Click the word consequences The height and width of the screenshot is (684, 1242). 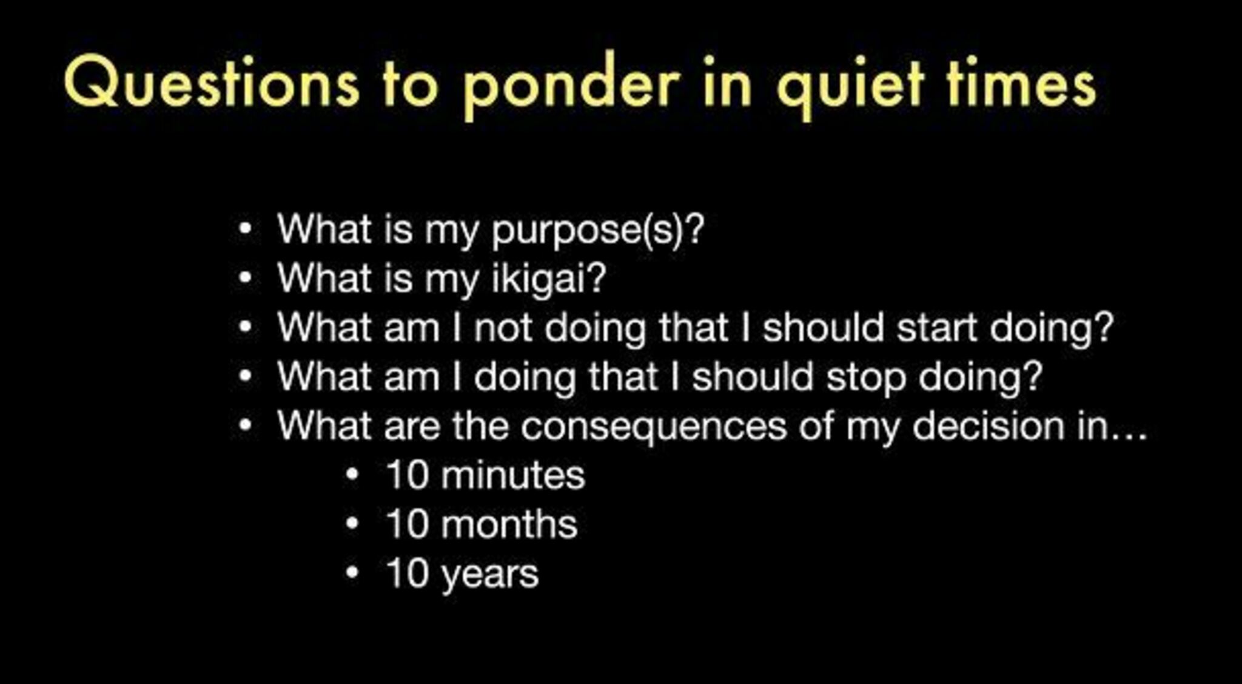tap(654, 426)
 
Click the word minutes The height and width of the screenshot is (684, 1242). tap(513, 475)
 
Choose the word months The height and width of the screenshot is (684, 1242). tap(509, 524)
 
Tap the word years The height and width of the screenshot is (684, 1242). tap(490, 575)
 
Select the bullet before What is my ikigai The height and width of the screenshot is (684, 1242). tap(245, 279)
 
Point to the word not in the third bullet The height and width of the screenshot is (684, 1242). tap(503, 328)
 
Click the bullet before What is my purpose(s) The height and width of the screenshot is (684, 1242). tap(245, 229)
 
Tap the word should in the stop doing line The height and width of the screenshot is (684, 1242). tap(753, 377)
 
